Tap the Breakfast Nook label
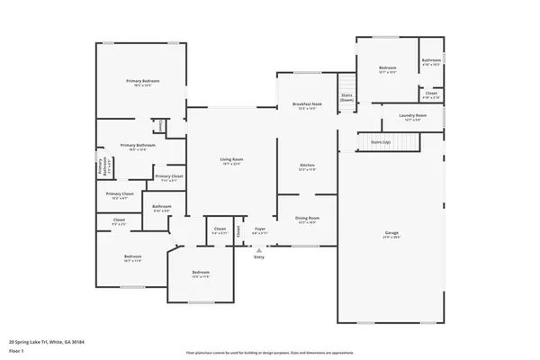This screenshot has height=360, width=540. click(307, 105)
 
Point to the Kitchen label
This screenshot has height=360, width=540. click(307, 166)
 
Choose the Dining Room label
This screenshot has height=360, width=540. click(308, 219)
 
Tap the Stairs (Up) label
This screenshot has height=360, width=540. click(381, 141)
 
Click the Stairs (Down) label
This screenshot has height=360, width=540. click(346, 97)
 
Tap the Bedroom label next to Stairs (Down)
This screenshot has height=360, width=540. click(388, 69)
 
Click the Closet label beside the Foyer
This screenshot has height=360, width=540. click(220, 230)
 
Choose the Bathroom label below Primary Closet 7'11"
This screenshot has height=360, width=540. click(162, 208)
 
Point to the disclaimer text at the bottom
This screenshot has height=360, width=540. click(269, 353)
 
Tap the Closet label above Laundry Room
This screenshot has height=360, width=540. click(431, 94)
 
